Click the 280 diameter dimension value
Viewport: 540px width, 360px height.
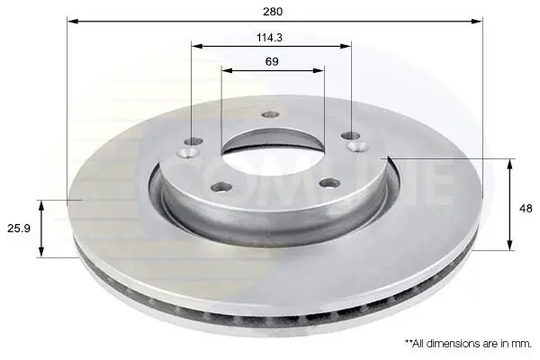(x=273, y=12)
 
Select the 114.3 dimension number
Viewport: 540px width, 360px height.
(x=269, y=37)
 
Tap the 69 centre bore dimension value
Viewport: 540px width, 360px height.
(x=272, y=62)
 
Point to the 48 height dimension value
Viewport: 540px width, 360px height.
(x=526, y=209)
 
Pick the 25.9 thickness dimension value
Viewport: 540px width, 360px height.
(x=19, y=228)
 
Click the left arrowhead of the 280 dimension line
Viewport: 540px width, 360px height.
(x=73, y=22)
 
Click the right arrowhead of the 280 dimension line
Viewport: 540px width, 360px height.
(x=477, y=22)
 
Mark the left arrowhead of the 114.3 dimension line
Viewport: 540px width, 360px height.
(x=197, y=46)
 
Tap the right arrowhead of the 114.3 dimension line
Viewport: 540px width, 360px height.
(x=346, y=46)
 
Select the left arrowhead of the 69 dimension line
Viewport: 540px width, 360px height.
(x=228, y=70)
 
